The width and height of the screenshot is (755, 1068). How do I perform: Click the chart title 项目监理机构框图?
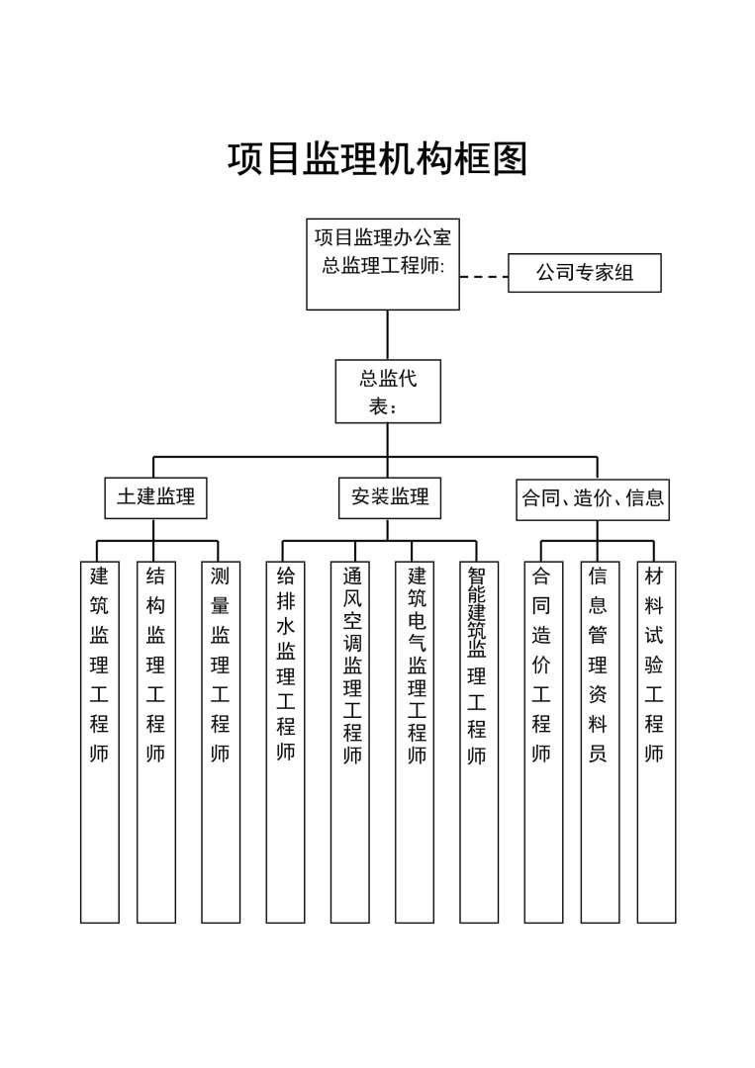[x=377, y=158]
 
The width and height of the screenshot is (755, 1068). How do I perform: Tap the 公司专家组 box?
[x=584, y=273]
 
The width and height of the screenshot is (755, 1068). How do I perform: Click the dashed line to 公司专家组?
[x=484, y=276]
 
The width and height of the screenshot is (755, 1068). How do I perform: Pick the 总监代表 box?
[x=387, y=392]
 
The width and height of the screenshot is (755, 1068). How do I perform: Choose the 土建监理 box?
[x=156, y=498]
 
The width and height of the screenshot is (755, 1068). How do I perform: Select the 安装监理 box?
[x=389, y=498]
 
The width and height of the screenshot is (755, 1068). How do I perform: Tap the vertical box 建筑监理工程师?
[x=99, y=742]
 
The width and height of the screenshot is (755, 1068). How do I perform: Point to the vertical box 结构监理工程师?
[x=155, y=742]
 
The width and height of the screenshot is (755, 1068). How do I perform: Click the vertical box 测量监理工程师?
[x=221, y=742]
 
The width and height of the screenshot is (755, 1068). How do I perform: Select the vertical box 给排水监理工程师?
[x=286, y=742]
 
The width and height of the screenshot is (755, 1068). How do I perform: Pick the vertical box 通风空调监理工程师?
[x=351, y=742]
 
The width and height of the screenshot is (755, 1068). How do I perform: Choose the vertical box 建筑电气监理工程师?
[x=416, y=742]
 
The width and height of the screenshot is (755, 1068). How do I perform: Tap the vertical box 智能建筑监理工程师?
[x=479, y=742]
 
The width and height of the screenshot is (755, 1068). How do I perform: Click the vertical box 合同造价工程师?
[x=542, y=742]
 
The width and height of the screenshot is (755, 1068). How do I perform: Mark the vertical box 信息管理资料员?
[x=599, y=742]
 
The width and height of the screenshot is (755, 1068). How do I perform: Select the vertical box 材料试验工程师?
[x=655, y=742]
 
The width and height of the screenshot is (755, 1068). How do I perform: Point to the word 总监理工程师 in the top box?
[x=383, y=266]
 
